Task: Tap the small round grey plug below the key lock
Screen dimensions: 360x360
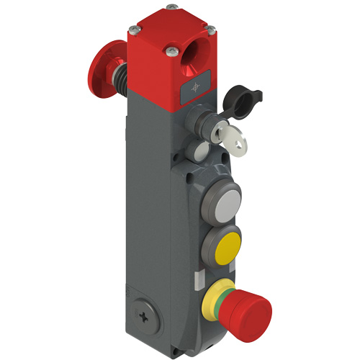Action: [199, 152]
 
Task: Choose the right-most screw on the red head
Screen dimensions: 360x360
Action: [212, 30]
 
